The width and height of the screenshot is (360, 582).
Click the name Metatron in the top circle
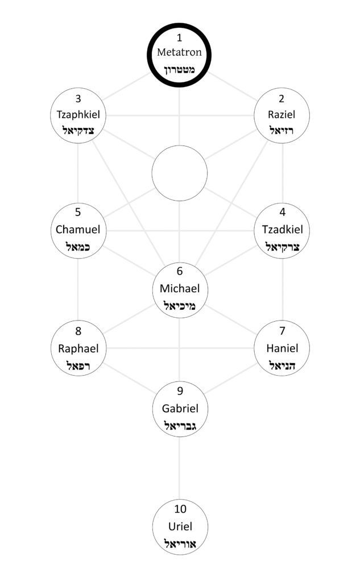pyautogui.click(x=180, y=52)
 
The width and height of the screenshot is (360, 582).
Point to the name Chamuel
pyautogui.click(x=78, y=230)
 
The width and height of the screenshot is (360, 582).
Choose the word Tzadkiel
pyautogui.click(x=282, y=230)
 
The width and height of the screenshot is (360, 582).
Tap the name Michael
pyautogui.click(x=180, y=289)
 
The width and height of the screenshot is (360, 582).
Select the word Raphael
pyautogui.click(x=78, y=348)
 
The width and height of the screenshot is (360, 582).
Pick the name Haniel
pyautogui.click(x=282, y=348)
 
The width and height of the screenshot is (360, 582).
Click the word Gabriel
pyautogui.click(x=180, y=408)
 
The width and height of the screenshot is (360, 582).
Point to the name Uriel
pyautogui.click(x=180, y=526)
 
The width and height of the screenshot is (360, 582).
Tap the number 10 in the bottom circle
pyautogui.click(x=180, y=509)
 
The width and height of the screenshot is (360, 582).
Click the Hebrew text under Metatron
pyautogui.click(x=180, y=69)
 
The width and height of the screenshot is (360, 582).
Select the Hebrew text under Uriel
pyautogui.click(x=180, y=543)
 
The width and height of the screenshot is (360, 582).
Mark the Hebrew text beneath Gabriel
pyautogui.click(x=180, y=426)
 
